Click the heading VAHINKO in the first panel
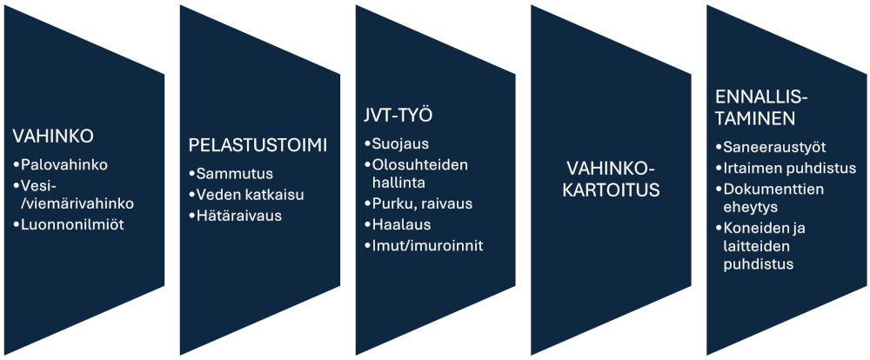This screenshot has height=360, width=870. [x=52, y=136]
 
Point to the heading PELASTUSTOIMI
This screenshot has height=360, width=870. [x=258, y=144]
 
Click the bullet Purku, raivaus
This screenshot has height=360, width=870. [x=419, y=203]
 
